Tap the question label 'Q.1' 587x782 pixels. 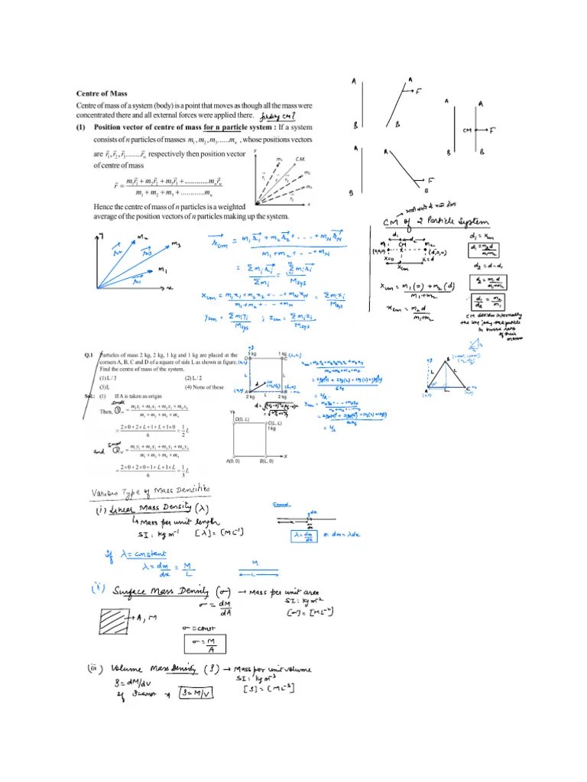(x=89, y=354)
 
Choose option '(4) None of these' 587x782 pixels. (x=203, y=387)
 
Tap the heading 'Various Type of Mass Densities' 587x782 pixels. (x=145, y=489)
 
